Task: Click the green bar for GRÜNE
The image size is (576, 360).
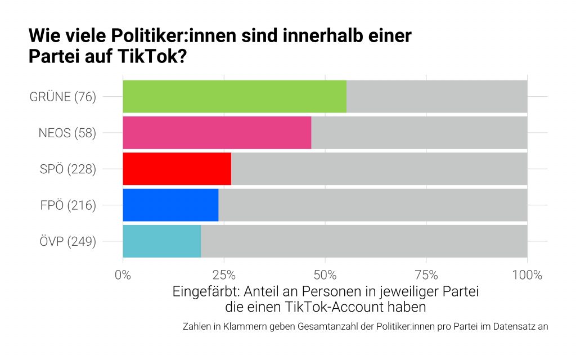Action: [235, 96]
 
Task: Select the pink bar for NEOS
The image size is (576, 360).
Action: [217, 133]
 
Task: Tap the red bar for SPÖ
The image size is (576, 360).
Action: [177, 169]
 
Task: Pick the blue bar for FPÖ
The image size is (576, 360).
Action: [170, 205]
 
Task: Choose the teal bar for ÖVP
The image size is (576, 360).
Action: [161, 241]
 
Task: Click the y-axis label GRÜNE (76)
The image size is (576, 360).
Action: [63, 97]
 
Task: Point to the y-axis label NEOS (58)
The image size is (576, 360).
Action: [67, 133]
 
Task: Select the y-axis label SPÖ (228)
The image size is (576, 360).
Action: [67, 169]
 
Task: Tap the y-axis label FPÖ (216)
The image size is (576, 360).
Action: [67, 205]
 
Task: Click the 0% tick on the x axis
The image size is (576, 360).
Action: [123, 275]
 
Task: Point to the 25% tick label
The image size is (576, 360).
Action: [224, 275]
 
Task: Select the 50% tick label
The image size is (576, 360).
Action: [325, 275]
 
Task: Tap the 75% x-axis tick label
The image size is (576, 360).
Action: [426, 275]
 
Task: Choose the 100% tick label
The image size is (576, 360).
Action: [527, 275]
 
